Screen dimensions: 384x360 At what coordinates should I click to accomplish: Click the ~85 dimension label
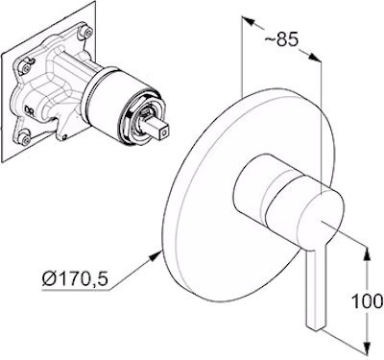click(281, 39)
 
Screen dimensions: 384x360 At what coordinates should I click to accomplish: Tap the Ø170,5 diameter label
click(75, 280)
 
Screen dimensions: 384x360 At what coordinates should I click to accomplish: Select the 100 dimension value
click(367, 301)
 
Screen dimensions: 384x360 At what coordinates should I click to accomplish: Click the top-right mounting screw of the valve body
click(86, 32)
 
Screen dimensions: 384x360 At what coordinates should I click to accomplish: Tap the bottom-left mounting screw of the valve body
click(25, 138)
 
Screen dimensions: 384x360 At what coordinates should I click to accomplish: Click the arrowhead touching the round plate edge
click(156, 256)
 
